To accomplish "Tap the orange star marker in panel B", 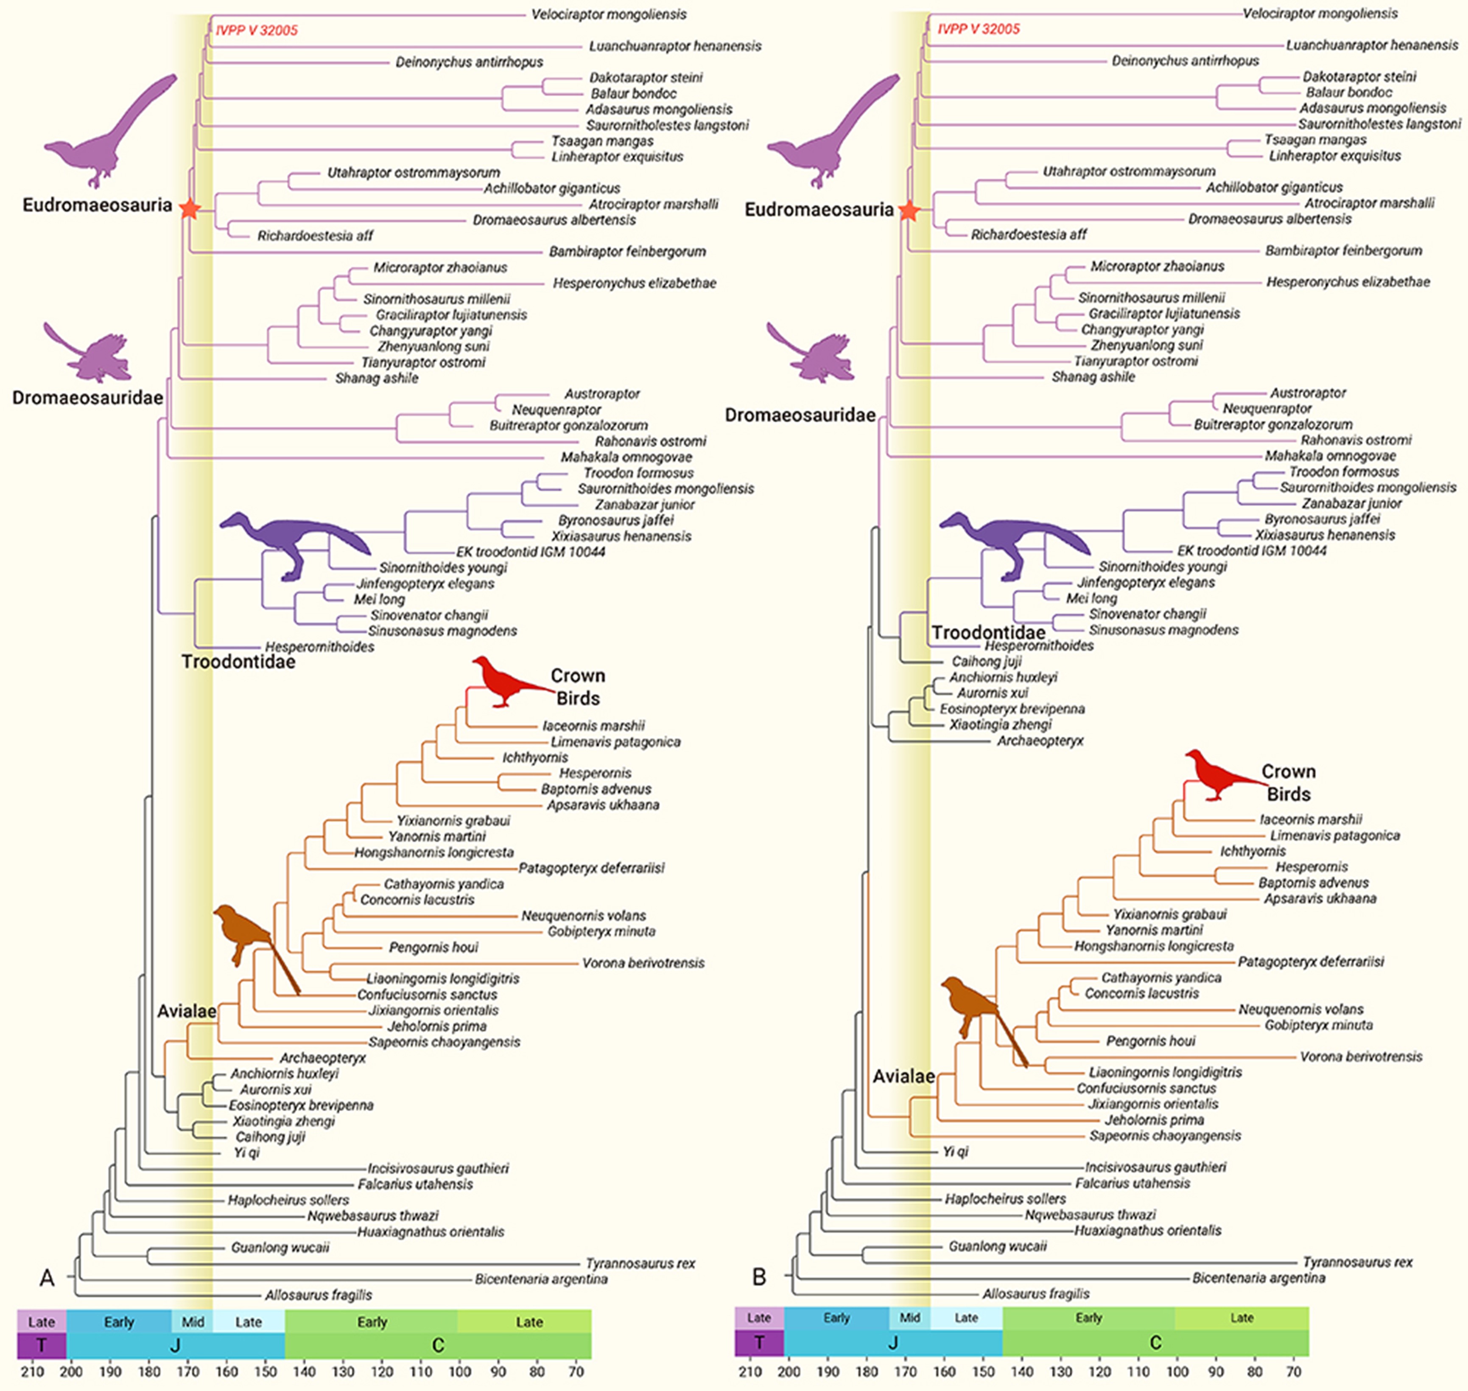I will [x=909, y=211].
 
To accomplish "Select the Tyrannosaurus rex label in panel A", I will [x=640, y=1263].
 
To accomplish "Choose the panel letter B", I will [x=759, y=1277].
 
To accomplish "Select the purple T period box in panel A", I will [x=42, y=1345].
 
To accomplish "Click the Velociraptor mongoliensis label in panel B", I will [x=1320, y=13].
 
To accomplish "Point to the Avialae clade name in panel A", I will [x=187, y=1011].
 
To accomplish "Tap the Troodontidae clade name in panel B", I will [x=989, y=632].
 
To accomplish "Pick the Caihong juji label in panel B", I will [x=986, y=662].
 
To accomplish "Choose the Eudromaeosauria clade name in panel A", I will [x=97, y=205].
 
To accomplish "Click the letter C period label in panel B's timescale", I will [x=1155, y=1343].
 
